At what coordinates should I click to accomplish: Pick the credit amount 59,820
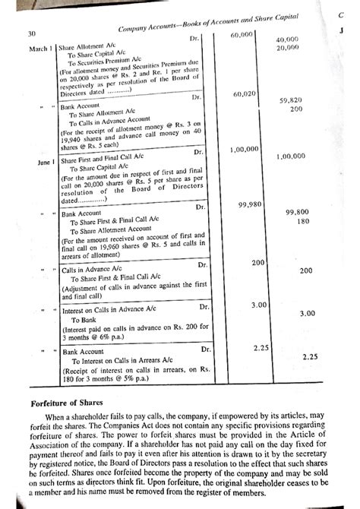tap(292, 100)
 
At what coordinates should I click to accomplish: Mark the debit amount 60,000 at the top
tap(242, 36)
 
